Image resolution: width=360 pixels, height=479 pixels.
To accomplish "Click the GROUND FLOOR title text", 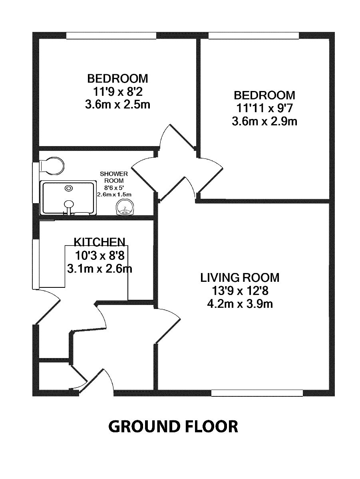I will point(173,426).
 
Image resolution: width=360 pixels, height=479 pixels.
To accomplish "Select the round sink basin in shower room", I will point(125,209).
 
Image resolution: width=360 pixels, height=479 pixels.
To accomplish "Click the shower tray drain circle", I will point(70,188).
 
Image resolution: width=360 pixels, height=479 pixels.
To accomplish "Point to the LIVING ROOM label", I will point(240,277).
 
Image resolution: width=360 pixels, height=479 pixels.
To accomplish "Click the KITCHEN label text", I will point(99,241).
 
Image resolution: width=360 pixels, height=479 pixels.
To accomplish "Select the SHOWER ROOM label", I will point(114,177).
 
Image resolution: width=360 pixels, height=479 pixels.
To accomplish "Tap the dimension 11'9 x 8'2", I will point(118,91).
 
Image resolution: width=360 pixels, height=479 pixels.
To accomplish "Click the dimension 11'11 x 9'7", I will point(265,108).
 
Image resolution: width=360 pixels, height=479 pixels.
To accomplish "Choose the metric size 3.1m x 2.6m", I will point(99,268).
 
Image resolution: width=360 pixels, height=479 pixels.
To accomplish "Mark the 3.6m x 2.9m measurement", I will point(265,121).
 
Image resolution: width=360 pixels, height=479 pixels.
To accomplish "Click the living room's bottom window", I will point(257,393).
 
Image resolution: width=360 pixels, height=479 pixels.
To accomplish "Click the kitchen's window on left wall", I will point(36,264).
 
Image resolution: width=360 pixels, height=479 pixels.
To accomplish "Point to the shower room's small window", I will point(36,182).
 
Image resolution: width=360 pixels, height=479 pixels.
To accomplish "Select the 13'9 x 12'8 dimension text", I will point(240,291).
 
